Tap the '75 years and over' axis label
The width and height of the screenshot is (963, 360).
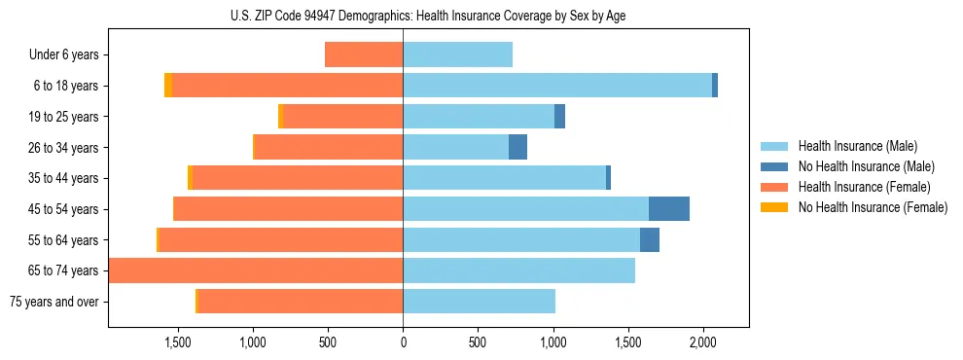53,302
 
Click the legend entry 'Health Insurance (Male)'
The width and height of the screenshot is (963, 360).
857,146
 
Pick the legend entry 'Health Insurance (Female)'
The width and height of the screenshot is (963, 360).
864,187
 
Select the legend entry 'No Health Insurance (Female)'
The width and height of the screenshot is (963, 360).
873,207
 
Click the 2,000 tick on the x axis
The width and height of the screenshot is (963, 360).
703,342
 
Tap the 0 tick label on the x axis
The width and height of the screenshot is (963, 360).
403,342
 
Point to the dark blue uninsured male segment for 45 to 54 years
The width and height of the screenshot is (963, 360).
669,208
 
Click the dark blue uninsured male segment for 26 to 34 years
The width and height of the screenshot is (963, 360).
517,147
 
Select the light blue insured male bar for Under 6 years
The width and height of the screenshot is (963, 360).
457,54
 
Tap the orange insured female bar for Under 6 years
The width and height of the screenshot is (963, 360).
364,54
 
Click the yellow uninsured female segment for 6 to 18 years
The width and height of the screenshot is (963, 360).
168,86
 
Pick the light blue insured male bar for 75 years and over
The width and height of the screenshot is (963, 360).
479,302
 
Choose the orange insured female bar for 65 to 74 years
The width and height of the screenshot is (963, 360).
256,270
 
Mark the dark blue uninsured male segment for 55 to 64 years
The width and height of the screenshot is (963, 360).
650,239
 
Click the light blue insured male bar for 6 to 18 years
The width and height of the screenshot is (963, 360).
557,86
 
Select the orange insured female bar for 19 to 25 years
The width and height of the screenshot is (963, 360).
343,117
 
